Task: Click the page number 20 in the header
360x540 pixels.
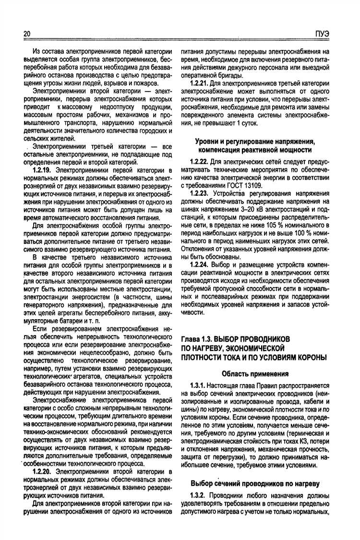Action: [26, 34]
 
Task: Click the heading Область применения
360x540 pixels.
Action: [255, 373]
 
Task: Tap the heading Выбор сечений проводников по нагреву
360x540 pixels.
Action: [255, 482]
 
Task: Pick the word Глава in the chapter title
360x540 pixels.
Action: [190, 339]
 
